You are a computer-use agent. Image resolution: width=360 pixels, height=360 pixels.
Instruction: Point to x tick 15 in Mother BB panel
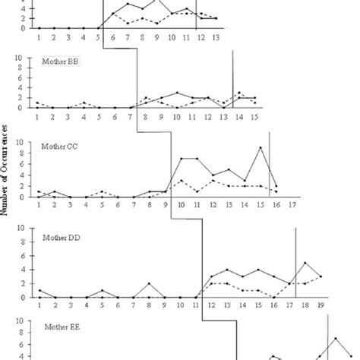pos(255,116)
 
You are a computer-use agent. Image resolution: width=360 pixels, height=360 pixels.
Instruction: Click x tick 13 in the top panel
pos(216,36)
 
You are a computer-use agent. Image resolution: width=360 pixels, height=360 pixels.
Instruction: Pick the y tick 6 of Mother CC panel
pos(29,166)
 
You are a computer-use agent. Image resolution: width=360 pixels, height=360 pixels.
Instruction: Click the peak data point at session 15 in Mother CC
pos(261,147)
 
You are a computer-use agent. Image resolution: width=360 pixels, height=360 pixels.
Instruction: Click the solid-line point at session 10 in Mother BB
pos(177,93)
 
